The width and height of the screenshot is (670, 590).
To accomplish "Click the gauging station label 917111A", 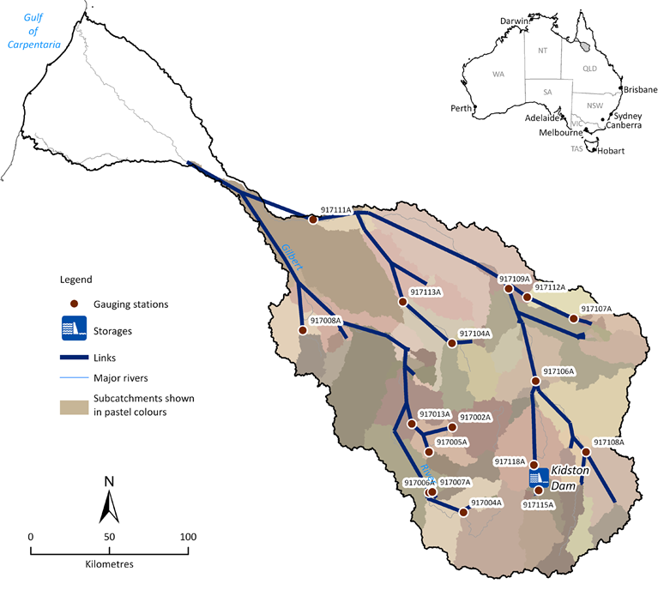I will tap(336, 209).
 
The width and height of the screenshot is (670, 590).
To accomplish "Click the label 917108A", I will tap(608, 442).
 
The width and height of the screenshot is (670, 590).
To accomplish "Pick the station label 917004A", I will tap(486, 503).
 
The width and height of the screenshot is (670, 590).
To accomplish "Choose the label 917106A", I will tap(558, 371).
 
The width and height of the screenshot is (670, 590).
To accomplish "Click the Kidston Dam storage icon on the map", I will tap(539, 476).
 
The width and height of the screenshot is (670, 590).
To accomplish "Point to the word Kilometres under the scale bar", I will tap(110, 565).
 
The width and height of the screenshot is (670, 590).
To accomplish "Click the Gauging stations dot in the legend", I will tap(74, 304).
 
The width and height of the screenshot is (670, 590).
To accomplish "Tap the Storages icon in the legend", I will tap(74, 328).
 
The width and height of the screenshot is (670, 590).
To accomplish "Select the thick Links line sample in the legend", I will tap(74, 357).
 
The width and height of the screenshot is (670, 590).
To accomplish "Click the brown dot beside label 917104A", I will tap(451, 344).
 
